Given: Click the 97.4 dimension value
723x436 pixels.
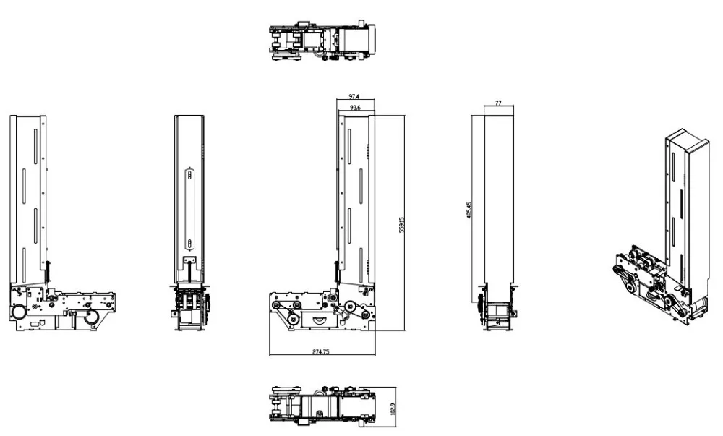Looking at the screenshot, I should pos(354,96).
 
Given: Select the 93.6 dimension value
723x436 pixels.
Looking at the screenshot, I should pos(355,108).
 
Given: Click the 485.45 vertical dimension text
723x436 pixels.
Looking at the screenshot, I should pos(470,210).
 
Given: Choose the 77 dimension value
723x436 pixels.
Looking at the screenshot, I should pos(498,104).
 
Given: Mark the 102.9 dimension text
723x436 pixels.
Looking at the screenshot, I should pos(393,409).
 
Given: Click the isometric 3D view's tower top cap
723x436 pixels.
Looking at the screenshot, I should pos(683,140).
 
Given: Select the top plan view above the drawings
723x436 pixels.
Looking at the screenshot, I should pos(323,43).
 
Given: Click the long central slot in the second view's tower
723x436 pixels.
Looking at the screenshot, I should pos(189,208).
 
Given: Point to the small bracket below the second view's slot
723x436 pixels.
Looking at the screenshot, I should pos(190,260).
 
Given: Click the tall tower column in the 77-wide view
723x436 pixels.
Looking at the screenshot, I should pos(498,195).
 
